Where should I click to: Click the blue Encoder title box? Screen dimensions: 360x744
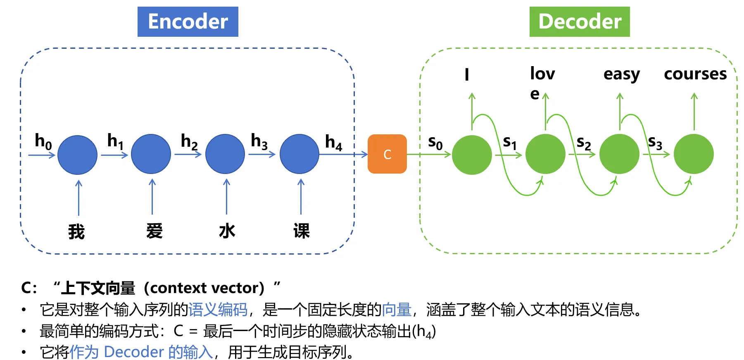tap(188, 21)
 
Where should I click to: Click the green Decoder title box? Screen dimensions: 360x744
tap(579, 21)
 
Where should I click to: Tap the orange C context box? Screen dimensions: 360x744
tap(387, 154)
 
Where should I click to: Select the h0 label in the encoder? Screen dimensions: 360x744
tap(43, 141)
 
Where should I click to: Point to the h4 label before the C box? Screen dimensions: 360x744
tap(333, 142)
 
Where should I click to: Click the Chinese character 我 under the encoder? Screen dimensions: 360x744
tap(76, 231)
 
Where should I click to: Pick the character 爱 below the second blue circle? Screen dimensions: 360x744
tap(155, 231)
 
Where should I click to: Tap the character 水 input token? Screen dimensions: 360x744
tap(227, 231)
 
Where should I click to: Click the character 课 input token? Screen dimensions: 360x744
tap(302, 231)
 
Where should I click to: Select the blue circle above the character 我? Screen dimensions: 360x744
tap(77, 155)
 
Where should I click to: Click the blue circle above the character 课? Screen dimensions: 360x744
tap(300, 154)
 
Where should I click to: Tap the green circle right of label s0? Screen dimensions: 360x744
tap(472, 155)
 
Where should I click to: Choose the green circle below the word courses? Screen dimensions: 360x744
tap(694, 154)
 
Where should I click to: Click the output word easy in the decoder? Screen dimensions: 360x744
tap(621, 74)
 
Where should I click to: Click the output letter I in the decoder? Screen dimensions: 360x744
tap(467, 74)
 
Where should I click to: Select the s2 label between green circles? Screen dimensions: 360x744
tap(583, 143)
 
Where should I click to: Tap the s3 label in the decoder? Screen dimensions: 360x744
tap(655, 143)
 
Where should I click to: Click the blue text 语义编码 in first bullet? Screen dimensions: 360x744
tap(218, 309)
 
